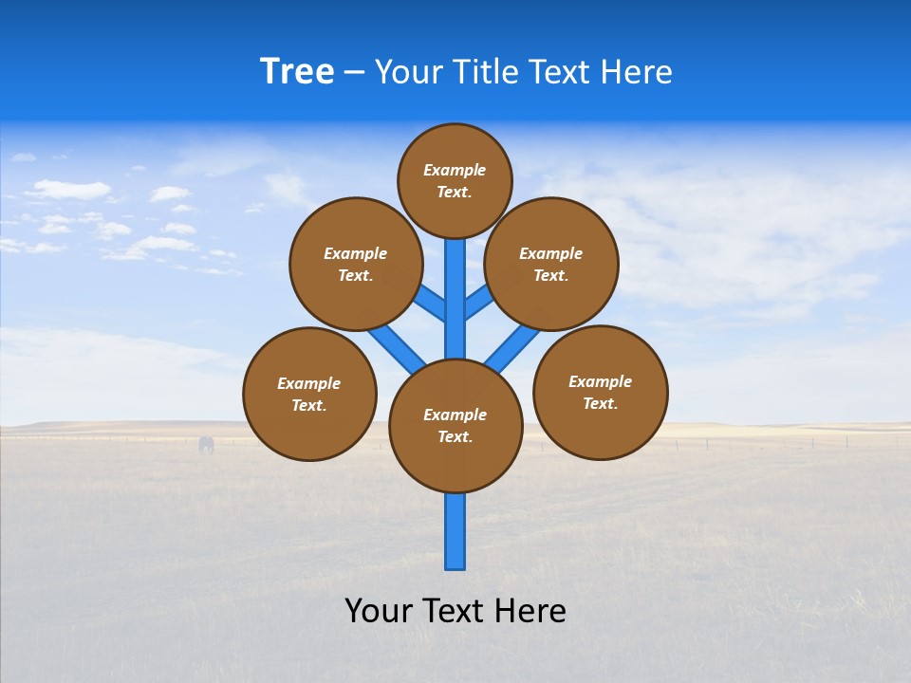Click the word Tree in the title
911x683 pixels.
pyautogui.click(x=297, y=71)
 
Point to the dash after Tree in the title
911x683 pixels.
pyautogui.click(x=354, y=73)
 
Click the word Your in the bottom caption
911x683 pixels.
pyautogui.click(x=379, y=610)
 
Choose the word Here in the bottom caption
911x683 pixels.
pyautogui.click(x=530, y=610)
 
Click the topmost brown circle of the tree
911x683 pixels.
pyautogui.click(x=455, y=180)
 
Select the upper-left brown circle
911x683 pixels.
pyautogui.click(x=356, y=264)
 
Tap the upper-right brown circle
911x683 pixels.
pyautogui.click(x=551, y=264)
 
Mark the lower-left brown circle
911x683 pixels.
pyautogui.click(x=309, y=394)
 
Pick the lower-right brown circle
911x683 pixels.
pyautogui.click(x=601, y=392)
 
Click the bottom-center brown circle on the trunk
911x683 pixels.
pyautogui.click(x=455, y=426)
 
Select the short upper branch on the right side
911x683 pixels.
pyautogui.click(x=477, y=303)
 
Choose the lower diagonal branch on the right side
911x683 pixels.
pyautogui.click(x=512, y=347)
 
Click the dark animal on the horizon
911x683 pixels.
pyautogui.click(x=206, y=444)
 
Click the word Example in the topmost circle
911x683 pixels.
pyautogui.click(x=455, y=171)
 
